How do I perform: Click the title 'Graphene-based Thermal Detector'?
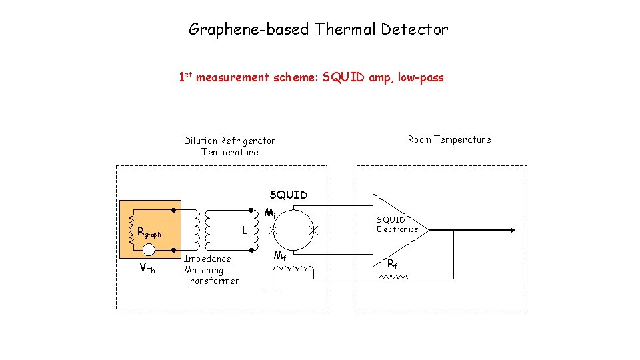[x=319, y=29]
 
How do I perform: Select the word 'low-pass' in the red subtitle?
[x=421, y=78]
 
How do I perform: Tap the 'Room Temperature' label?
[x=449, y=139]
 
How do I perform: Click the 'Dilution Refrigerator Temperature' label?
[x=229, y=146]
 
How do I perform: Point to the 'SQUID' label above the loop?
[x=288, y=195]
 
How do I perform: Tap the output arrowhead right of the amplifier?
[x=512, y=230]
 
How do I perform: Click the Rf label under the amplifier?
[x=393, y=263]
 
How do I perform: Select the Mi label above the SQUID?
[x=269, y=214]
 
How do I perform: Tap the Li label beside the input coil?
[x=246, y=231]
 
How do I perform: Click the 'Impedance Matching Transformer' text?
[x=211, y=270]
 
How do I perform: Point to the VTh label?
[x=147, y=269]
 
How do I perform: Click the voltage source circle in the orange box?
[x=149, y=250]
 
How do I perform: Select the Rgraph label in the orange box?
[x=149, y=233]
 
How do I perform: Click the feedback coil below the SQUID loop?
[x=293, y=271]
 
